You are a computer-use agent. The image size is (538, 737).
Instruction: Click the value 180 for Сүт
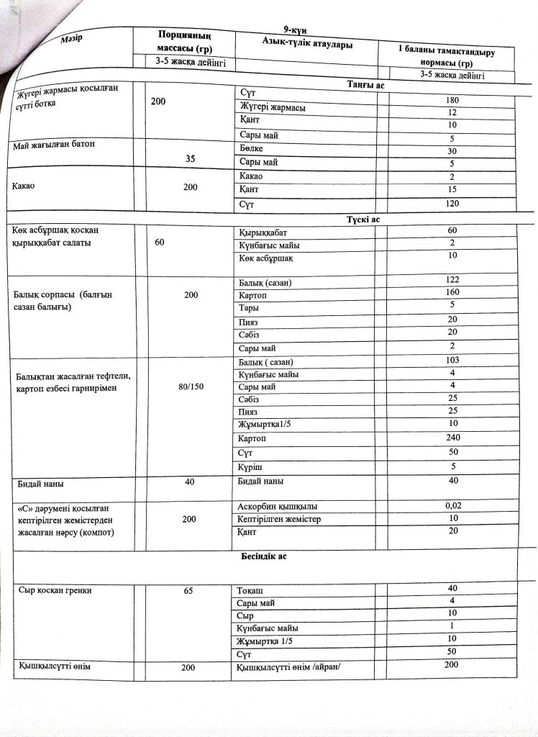[452, 100]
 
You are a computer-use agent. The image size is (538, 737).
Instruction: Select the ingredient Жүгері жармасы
[271, 108]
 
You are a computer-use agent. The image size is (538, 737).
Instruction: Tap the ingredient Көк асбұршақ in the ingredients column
[265, 258]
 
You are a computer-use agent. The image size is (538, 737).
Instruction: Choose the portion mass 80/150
[191, 386]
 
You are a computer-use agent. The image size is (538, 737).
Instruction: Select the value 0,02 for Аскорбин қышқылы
[453, 505]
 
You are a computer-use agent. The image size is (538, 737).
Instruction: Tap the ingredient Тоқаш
[250, 590]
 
